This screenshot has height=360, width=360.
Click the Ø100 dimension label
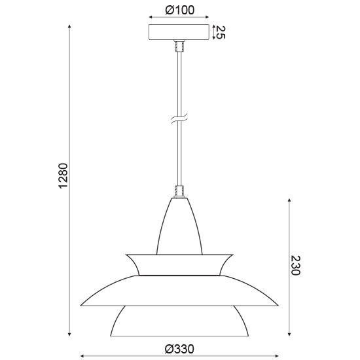[x=179, y=10]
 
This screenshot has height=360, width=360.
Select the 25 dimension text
[x=221, y=32]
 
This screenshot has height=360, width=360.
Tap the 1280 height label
[x=63, y=175]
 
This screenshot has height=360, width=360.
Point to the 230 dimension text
[x=295, y=265]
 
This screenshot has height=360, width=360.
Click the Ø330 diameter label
[x=179, y=349]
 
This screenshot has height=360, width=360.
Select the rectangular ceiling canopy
[x=179, y=32]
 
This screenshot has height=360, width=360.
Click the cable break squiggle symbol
[x=179, y=118]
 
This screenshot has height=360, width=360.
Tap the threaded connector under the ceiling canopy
[x=179, y=46]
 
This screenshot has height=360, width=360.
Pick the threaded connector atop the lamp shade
[x=179, y=192]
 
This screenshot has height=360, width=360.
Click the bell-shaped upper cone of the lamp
[x=179, y=226]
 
